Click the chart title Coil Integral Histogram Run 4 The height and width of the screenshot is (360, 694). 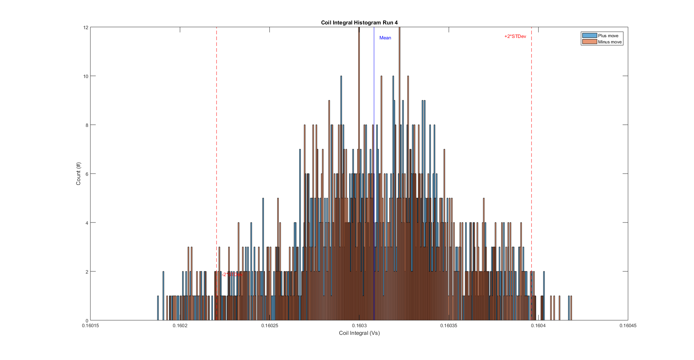[x=359, y=23]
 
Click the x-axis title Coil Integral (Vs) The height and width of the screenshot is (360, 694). [x=359, y=333]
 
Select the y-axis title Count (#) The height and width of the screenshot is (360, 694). [x=78, y=174]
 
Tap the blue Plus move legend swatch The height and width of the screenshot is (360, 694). [x=589, y=35]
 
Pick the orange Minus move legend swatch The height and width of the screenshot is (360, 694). [x=589, y=42]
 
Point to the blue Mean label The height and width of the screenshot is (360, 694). [x=385, y=38]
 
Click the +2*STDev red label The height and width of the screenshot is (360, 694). [x=515, y=36]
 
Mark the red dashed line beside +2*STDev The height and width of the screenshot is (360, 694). [x=531, y=146]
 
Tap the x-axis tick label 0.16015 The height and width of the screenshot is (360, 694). [x=90, y=326]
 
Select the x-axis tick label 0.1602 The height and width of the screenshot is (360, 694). [x=180, y=326]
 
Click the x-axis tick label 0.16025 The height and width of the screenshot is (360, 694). [x=269, y=326]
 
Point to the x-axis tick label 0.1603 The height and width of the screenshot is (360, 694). [x=359, y=326]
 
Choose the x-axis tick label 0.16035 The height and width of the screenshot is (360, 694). [x=448, y=326]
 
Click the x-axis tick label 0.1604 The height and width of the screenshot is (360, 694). [x=538, y=326]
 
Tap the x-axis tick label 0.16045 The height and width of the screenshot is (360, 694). [x=628, y=326]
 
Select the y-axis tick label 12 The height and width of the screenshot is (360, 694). [x=86, y=27]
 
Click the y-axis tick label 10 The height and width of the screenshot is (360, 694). [x=86, y=76]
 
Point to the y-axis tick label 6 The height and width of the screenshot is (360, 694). [x=87, y=174]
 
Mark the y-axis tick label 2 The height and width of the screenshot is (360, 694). [x=87, y=272]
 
